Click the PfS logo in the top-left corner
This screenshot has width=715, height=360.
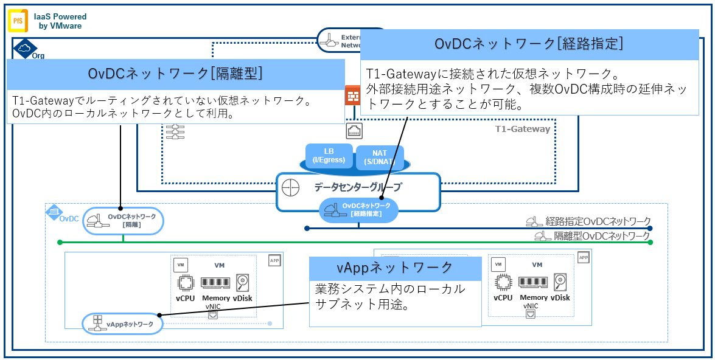coord(17,21)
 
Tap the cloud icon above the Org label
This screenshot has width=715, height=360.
coord(24,47)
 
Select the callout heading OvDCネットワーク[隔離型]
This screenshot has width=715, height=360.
coord(175,73)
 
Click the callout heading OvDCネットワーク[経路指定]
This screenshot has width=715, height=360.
coord(529,44)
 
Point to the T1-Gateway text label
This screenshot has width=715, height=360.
coord(522,129)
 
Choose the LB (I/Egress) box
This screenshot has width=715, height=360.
coord(329,156)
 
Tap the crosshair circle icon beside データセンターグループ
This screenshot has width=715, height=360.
coord(293,189)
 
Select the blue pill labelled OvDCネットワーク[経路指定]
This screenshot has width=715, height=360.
coord(358,210)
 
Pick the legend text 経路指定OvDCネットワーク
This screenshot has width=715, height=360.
coord(598,221)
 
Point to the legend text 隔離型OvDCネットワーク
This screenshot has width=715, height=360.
coord(601,236)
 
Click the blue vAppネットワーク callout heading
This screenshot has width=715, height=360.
coord(395,268)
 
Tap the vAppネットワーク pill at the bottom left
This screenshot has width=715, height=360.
coord(122,324)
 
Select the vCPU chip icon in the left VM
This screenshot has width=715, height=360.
coord(185,283)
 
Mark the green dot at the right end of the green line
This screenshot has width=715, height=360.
coord(650,243)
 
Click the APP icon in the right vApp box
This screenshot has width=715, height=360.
coord(583,258)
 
